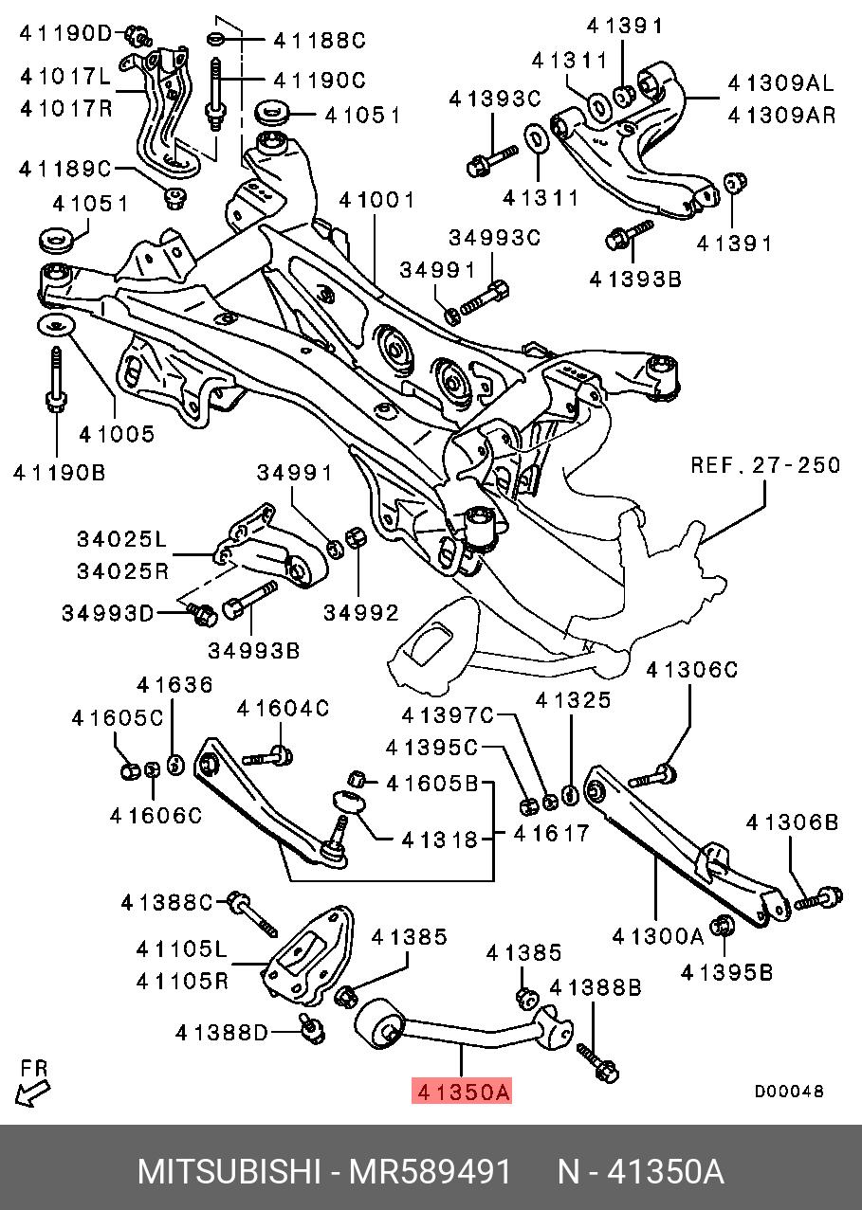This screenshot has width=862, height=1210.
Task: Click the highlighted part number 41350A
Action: click(x=462, y=1093)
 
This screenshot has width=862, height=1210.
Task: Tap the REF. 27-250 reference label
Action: click(x=764, y=465)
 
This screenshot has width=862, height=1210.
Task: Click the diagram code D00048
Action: click(x=789, y=1092)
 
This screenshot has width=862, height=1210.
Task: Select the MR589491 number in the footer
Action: click(x=431, y=1172)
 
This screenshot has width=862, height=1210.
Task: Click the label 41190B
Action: click(x=59, y=471)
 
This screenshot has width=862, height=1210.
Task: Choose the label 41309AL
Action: click(x=781, y=82)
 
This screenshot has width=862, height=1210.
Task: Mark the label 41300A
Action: click(x=658, y=937)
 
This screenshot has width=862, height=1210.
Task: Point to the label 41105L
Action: click(x=182, y=948)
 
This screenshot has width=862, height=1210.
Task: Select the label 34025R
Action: click(x=122, y=571)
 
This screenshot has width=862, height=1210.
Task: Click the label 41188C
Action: click(x=319, y=41)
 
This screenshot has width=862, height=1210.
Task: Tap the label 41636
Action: click(x=174, y=685)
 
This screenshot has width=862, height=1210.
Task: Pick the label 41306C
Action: click(x=691, y=670)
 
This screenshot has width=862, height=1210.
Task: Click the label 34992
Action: click(x=361, y=613)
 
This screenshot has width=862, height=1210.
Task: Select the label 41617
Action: click(x=551, y=834)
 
